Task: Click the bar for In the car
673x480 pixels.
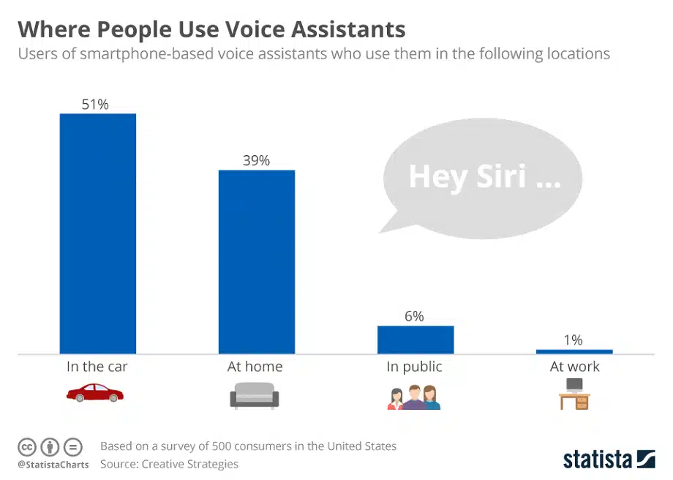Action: tap(97, 233)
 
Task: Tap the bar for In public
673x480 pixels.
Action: tap(415, 340)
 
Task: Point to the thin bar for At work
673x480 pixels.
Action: tap(574, 351)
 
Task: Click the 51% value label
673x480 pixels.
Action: tap(95, 105)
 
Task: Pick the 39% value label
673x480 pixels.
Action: tap(256, 160)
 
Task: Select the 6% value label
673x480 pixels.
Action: tap(414, 316)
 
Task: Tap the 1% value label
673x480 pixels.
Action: tap(574, 340)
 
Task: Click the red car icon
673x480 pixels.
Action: tap(95, 395)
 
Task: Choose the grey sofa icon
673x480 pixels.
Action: tap(255, 397)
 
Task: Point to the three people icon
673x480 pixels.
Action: tap(413, 397)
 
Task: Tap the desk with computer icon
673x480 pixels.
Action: tap(574, 394)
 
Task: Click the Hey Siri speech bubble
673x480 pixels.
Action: tap(483, 178)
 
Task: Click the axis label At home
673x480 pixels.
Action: tap(255, 367)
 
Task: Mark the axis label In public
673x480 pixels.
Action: tap(414, 367)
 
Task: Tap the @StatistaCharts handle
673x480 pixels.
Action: tap(53, 465)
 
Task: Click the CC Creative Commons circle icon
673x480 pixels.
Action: tap(27, 446)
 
